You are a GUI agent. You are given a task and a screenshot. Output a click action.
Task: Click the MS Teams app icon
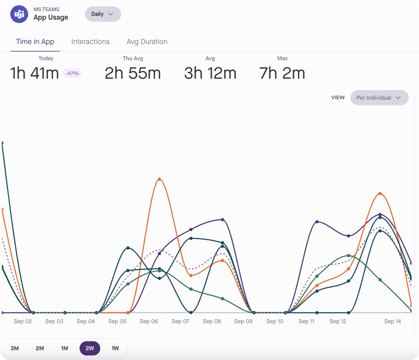pos(19,14)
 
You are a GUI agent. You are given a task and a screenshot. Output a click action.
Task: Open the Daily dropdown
pos(103,14)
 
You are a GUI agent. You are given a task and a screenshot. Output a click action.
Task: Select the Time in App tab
pos(35,42)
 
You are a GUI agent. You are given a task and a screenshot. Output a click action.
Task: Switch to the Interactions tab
pos(90,42)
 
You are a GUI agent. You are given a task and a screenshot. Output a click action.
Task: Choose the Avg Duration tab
pos(147,42)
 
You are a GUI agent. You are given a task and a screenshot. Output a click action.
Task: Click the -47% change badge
pos(72,73)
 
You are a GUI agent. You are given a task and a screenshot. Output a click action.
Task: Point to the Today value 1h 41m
pos(34,73)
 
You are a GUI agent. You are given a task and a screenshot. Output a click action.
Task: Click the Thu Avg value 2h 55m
pos(133,73)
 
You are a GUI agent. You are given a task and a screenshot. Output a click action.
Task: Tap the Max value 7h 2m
pos(282,73)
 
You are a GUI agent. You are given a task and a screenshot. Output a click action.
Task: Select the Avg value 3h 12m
pos(210,73)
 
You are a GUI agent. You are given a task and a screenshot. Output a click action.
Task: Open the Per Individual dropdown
pos(379,98)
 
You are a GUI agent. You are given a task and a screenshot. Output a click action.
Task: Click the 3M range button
pos(15,348)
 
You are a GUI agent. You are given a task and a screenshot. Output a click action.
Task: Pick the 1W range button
pos(115,348)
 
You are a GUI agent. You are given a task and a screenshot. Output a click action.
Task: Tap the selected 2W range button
pos(90,348)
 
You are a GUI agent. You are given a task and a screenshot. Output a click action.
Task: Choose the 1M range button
pos(64,348)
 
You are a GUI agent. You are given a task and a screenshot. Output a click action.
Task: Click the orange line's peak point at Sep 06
pos(159,179)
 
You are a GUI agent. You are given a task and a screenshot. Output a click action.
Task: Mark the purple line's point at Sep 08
pos(223,219)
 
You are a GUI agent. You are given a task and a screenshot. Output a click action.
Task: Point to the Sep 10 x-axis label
pos(275,321)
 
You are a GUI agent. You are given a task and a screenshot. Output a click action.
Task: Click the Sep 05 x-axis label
pos(117,321)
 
